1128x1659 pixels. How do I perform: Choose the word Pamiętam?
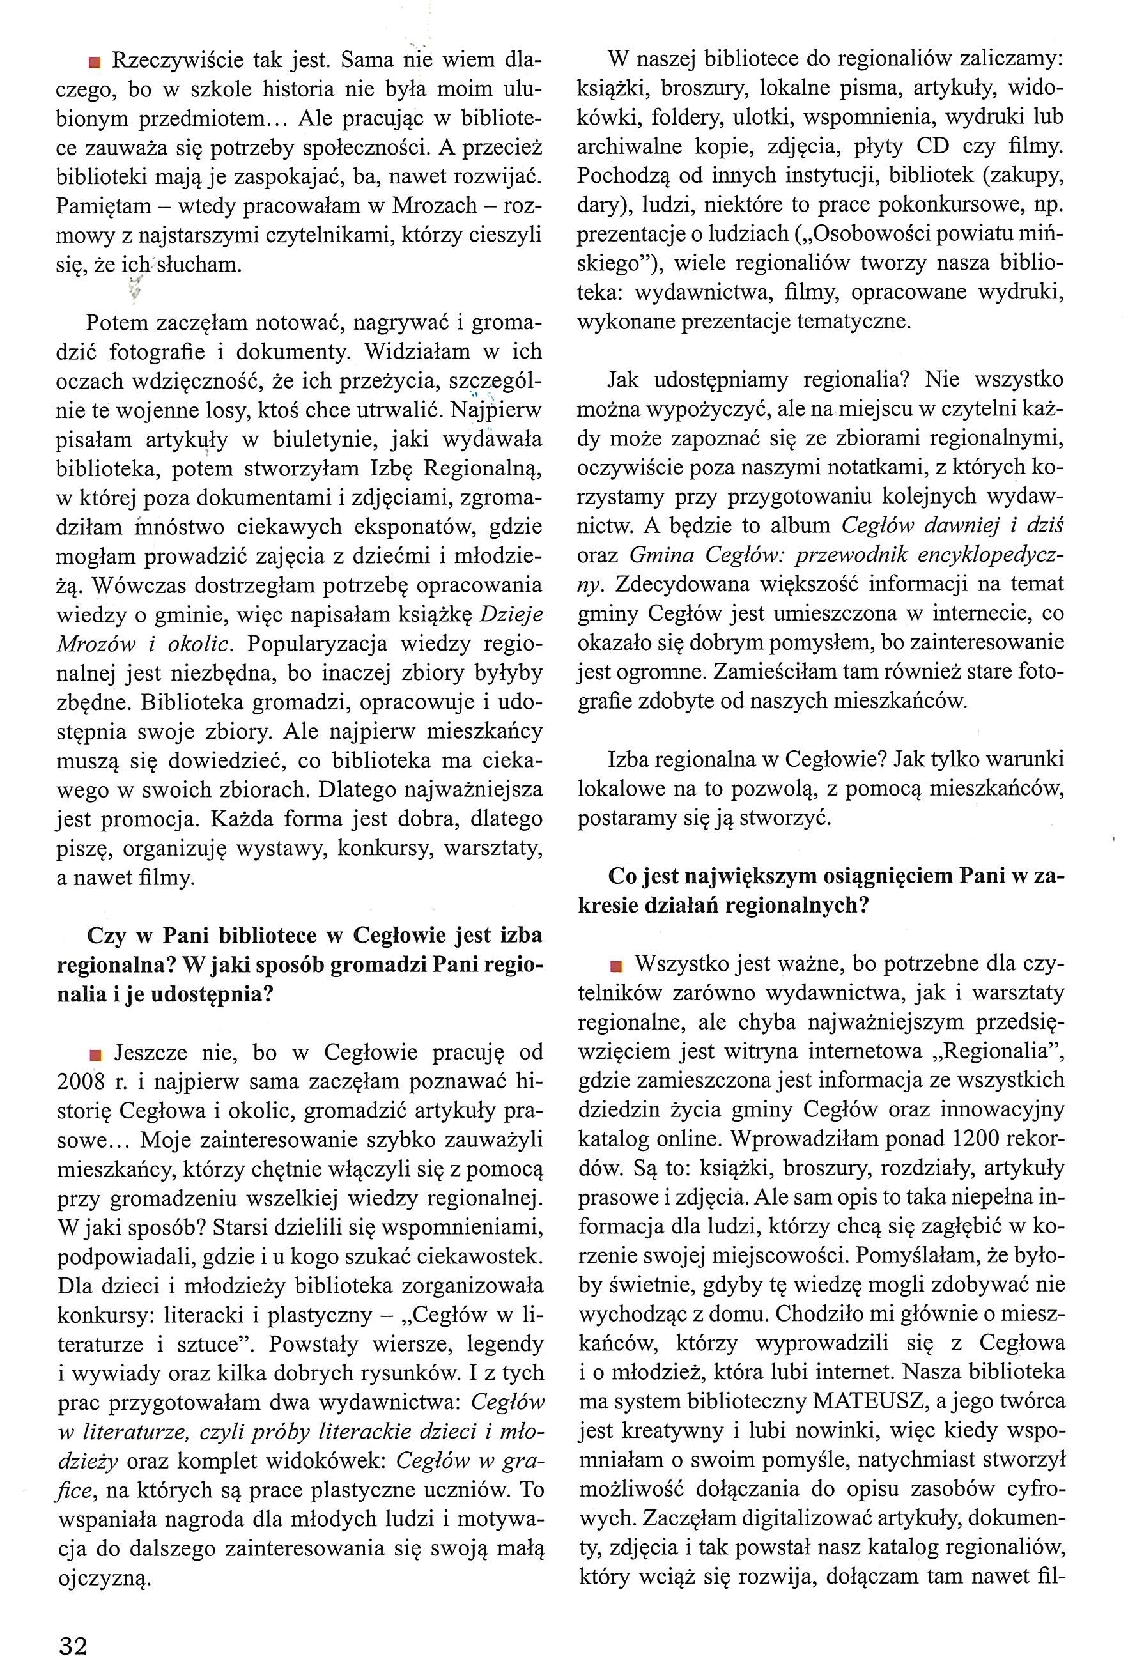tap(105, 206)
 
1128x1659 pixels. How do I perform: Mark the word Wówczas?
tap(148, 585)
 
